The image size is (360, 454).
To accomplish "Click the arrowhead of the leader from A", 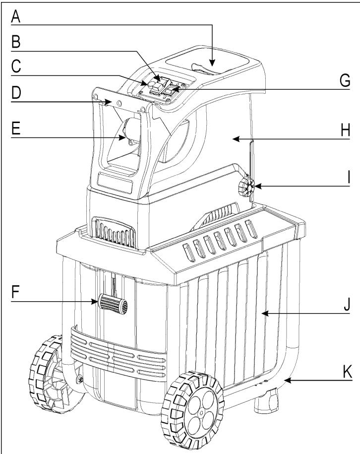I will click(x=211, y=65).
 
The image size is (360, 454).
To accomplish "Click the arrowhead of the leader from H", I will click(x=235, y=140).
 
